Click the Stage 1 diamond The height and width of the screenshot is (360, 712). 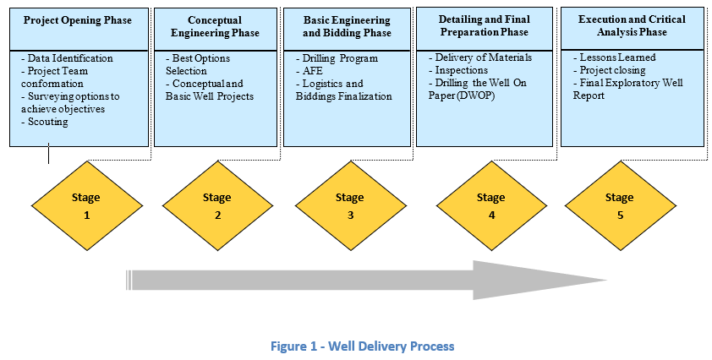click(87, 205)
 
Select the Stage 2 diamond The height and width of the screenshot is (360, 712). click(217, 205)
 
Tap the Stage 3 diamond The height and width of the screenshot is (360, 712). click(350, 205)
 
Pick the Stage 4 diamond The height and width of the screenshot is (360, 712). click(491, 205)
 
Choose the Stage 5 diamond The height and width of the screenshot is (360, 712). click(621, 205)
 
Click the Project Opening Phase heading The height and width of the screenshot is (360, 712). click(78, 20)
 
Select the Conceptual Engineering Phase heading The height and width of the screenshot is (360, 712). click(216, 26)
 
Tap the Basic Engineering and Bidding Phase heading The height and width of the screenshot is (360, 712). click(347, 26)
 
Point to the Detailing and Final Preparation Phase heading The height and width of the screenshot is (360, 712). click(484, 25)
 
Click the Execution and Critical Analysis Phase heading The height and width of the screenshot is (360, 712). click(632, 25)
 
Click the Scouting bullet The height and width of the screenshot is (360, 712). click(45, 122)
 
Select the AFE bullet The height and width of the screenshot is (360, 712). click(309, 71)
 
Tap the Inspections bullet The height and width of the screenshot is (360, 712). click(458, 70)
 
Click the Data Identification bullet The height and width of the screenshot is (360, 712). click(67, 58)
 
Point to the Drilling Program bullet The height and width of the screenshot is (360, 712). click(337, 58)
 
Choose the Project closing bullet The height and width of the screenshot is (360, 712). click(609, 70)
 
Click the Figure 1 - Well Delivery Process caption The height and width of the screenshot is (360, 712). click(363, 346)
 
